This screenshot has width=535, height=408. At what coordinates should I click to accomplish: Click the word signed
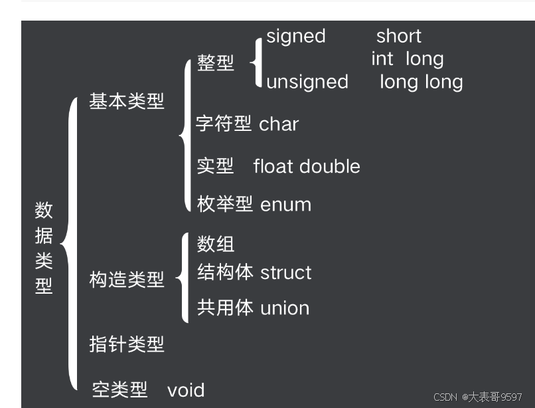(x=296, y=36)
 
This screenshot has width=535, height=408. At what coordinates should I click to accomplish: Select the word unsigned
(x=307, y=82)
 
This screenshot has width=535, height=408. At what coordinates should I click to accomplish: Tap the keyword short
(x=399, y=36)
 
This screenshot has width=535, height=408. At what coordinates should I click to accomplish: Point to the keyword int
(x=382, y=59)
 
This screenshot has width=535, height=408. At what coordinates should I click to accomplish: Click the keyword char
(x=279, y=124)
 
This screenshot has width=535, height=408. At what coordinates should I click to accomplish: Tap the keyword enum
(x=285, y=204)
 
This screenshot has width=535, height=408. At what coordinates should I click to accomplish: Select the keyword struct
(x=285, y=272)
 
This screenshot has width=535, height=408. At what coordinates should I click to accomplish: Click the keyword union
(x=285, y=308)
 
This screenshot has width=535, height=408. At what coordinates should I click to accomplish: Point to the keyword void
(x=186, y=390)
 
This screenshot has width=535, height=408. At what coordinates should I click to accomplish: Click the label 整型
(x=216, y=63)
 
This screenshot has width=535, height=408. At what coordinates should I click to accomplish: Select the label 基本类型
(x=127, y=102)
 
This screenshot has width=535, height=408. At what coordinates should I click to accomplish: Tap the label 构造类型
(x=127, y=280)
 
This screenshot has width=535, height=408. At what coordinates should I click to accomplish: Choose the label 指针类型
(x=127, y=344)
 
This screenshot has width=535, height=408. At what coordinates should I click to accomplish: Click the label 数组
(x=216, y=244)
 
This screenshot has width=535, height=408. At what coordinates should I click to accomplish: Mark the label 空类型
(x=119, y=390)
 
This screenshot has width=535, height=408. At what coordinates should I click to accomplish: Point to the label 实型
(x=216, y=166)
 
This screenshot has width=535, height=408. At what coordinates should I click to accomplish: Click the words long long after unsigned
(x=421, y=82)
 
